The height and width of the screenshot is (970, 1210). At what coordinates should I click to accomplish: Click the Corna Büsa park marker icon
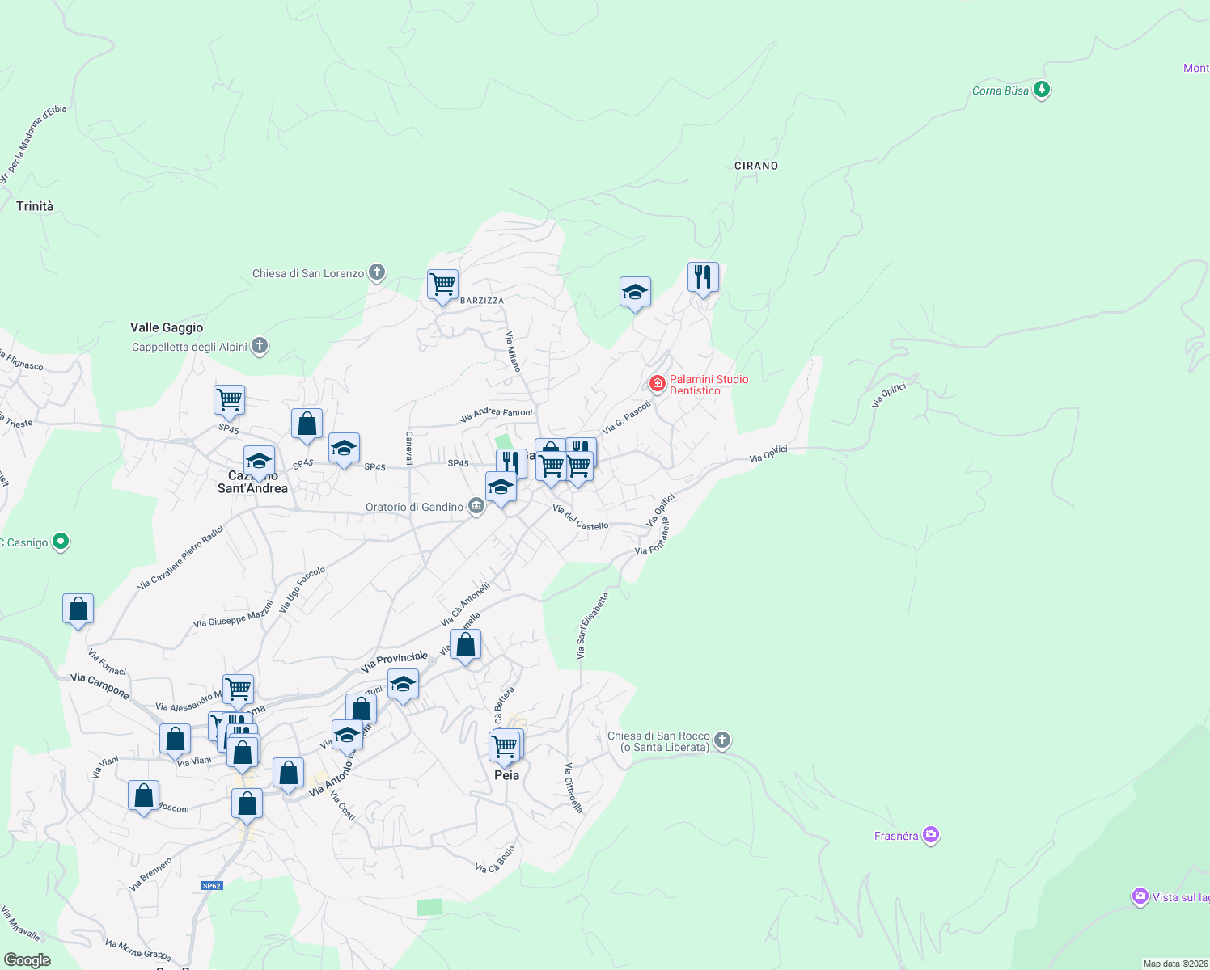point(1042,90)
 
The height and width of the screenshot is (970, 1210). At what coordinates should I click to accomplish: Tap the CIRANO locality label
point(756,166)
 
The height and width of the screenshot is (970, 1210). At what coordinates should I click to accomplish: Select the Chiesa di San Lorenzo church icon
point(377,273)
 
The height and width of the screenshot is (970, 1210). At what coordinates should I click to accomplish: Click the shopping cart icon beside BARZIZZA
point(443,285)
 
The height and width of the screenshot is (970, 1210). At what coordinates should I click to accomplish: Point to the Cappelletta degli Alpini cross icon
point(260,347)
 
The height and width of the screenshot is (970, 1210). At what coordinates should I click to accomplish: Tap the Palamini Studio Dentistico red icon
point(658,383)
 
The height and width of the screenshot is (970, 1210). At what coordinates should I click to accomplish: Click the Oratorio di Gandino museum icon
point(476,507)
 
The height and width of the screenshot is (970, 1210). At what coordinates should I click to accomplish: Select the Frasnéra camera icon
point(931,835)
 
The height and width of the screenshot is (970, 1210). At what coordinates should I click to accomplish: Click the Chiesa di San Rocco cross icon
point(722,740)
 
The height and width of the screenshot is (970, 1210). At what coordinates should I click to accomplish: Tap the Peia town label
point(507,775)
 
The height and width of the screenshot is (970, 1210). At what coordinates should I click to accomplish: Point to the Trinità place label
point(35,206)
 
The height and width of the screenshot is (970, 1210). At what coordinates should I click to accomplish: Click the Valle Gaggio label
point(167,327)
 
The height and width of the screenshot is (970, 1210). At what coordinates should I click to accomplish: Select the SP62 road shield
point(212,886)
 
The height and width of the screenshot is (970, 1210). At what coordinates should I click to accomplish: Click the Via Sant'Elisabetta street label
point(592,626)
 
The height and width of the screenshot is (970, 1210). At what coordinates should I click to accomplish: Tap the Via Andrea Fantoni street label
point(496,415)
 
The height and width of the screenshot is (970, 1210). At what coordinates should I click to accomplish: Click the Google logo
point(27,960)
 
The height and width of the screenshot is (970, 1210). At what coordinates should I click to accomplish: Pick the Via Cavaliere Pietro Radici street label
point(180,558)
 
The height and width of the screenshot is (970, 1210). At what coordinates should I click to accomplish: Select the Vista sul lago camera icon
point(1140,896)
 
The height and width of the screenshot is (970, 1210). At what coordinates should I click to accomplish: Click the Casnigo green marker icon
point(61,542)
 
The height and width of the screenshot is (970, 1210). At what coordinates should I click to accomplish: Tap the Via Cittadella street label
point(573,787)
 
